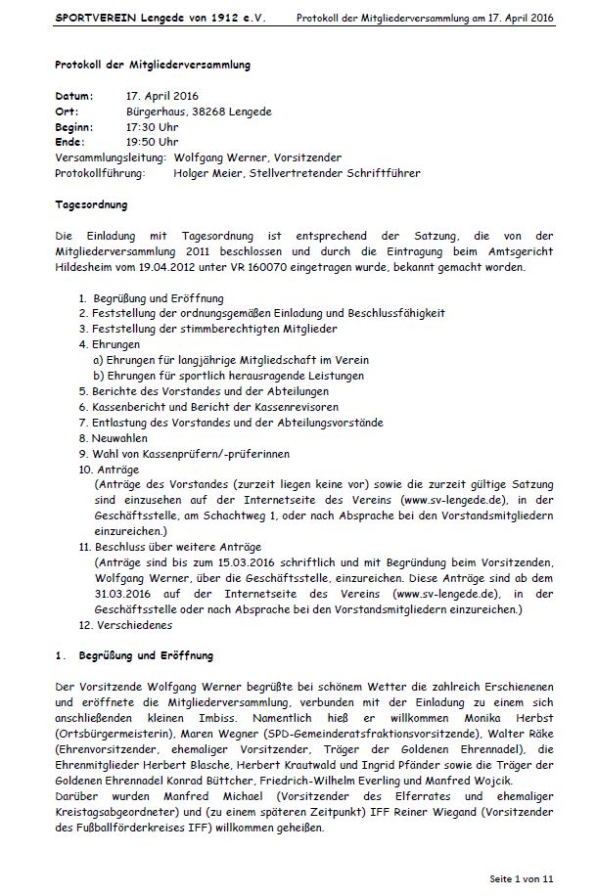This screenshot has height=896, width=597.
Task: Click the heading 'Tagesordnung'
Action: click(91, 204)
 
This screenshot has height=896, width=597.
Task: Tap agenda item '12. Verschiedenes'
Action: click(127, 624)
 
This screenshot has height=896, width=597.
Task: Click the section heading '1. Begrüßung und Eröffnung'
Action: click(134, 655)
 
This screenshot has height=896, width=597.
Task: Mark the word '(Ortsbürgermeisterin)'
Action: click(109, 733)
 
